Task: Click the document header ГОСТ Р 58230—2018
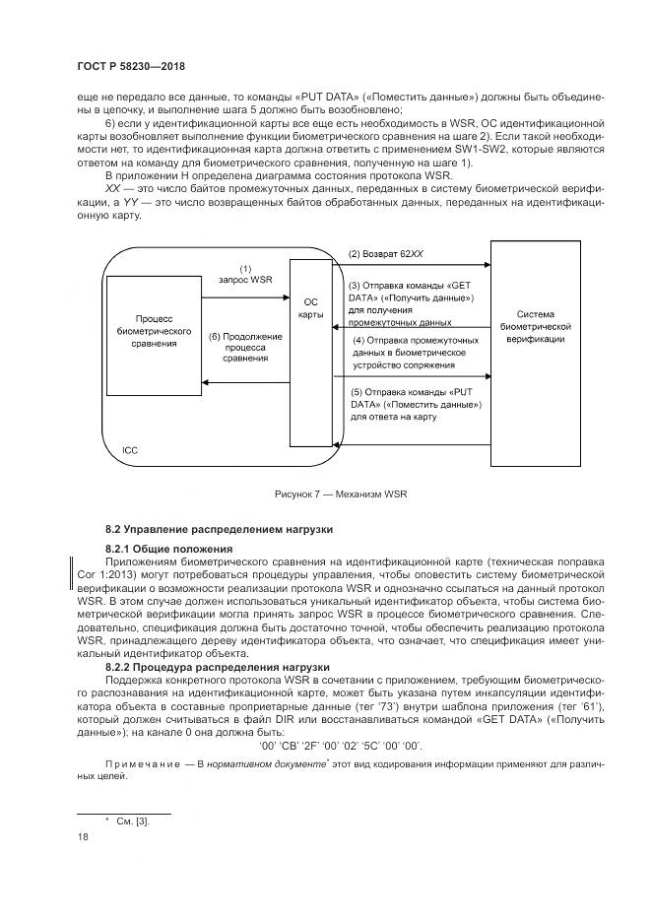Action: click(x=130, y=66)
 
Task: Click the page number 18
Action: click(x=82, y=837)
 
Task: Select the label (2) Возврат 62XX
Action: click(x=386, y=254)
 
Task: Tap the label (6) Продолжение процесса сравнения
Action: click(x=245, y=348)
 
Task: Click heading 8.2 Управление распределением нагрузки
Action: click(x=220, y=530)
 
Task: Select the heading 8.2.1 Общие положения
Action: click(x=168, y=548)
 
